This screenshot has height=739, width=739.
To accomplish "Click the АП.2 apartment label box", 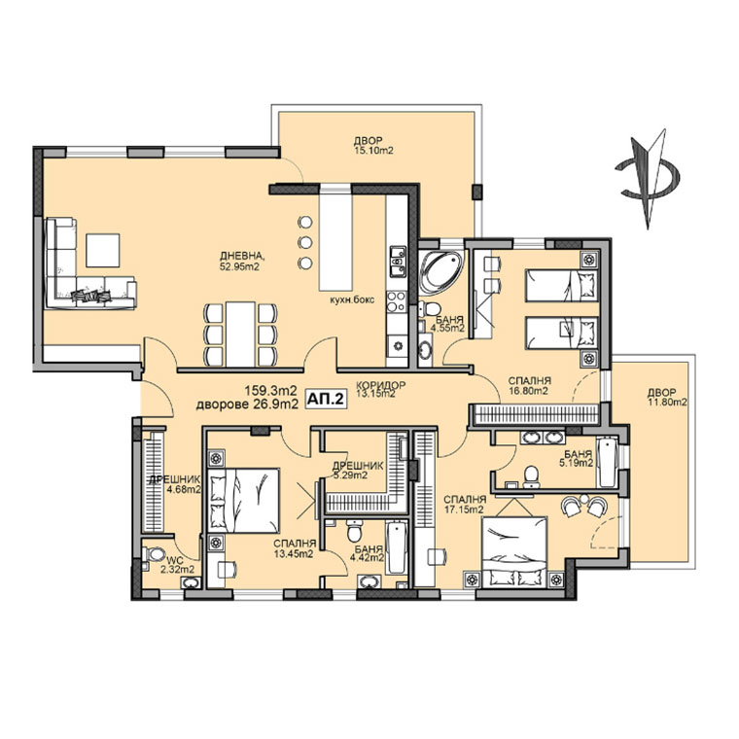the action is pos(326,400).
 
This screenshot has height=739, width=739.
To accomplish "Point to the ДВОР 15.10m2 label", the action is pos(372,146).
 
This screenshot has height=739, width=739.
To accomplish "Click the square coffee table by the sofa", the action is pos(102,250).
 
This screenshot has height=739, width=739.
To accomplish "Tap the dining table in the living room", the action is pos(240,334).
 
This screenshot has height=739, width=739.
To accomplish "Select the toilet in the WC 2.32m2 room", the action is pos(154,554).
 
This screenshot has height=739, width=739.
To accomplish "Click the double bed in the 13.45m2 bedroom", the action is pos(244,501).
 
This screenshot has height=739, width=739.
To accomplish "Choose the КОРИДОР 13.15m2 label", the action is pos(380,389).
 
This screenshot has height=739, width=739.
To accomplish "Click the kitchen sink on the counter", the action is pos(397,262).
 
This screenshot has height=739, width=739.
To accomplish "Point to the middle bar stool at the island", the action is pos(305,242).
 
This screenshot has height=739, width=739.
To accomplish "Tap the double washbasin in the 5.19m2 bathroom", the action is pos(542,438).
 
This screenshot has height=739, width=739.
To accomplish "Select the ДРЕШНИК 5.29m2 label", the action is pos(358,471).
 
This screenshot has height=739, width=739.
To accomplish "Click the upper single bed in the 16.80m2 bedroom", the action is pos(561,285).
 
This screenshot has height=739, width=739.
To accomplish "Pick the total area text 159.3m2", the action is pos(270,391).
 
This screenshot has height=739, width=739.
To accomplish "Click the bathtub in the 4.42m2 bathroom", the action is pos(397,547).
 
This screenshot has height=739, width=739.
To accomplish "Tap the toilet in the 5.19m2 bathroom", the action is pos(532,476).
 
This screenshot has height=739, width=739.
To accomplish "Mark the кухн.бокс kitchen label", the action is pos(352,299).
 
